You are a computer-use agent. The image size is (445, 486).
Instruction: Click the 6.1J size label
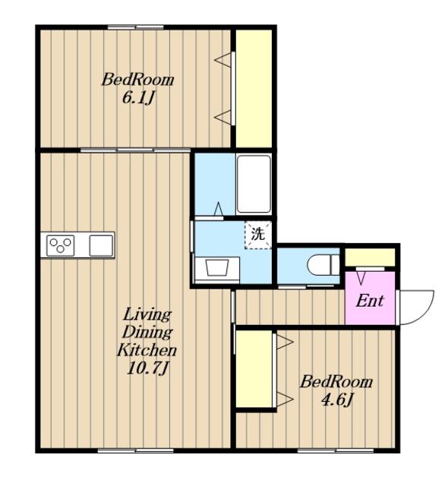click(138, 98)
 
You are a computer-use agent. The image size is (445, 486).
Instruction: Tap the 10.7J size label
click(148, 368)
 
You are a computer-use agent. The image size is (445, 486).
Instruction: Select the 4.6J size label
click(337, 400)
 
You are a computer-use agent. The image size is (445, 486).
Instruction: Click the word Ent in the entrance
click(370, 301)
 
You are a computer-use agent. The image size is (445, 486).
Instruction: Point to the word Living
click(147, 315)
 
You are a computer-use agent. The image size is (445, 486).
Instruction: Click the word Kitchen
click(147, 350)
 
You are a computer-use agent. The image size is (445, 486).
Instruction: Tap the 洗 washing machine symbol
click(258, 235)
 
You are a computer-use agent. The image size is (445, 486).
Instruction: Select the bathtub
click(254, 184)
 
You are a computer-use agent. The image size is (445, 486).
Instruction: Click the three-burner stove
click(61, 245)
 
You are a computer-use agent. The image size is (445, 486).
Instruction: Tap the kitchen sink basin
click(101, 245)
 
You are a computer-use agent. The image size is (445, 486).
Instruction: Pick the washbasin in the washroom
click(217, 267)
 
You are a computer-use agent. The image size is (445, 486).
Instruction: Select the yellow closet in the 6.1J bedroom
click(254, 89)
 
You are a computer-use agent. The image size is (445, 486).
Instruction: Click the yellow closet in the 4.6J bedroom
click(254, 369)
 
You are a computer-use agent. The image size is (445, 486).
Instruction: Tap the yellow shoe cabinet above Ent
click(370, 257)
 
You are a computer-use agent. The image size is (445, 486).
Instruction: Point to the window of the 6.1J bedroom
click(135, 27)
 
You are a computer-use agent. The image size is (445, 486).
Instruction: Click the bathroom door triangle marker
click(219, 209)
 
